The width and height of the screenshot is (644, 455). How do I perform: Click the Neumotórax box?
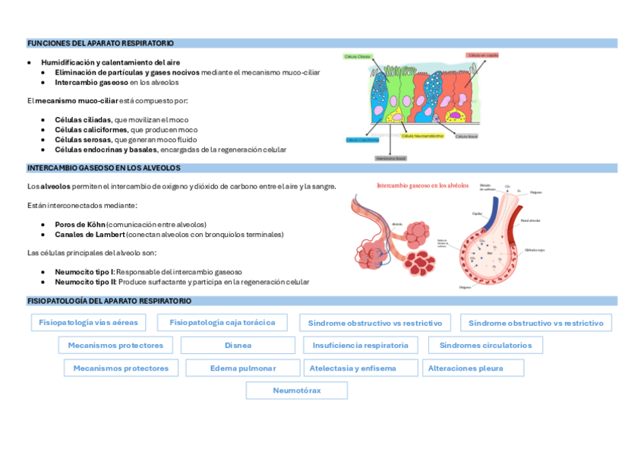tap(297, 390)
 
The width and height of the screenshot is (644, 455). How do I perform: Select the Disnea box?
tap(238, 345)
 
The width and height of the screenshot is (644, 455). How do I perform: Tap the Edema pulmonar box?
tap(242, 368)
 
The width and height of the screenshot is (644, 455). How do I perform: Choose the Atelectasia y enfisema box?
tap(352, 368)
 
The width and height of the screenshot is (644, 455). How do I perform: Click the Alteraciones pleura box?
tap(466, 368)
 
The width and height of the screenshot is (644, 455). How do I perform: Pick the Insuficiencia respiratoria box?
tap(360, 345)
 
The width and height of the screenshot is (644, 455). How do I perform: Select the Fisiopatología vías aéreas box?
tap(90, 322)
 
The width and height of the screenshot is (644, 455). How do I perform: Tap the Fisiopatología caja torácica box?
tap(223, 322)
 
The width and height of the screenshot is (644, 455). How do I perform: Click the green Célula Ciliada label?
tap(358, 56)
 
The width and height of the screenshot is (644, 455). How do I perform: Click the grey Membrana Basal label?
tap(391, 158)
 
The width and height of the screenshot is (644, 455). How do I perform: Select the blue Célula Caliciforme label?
tap(362, 140)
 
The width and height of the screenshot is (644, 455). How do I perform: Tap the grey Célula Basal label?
tap(466, 137)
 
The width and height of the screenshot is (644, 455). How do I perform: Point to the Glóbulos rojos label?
tap(535, 248)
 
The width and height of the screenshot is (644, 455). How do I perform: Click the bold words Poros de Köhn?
tap(80, 224)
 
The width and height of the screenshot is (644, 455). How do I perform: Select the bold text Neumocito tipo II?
tap(84, 282)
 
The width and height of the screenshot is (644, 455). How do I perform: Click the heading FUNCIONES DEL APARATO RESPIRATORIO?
tap(100, 43)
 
